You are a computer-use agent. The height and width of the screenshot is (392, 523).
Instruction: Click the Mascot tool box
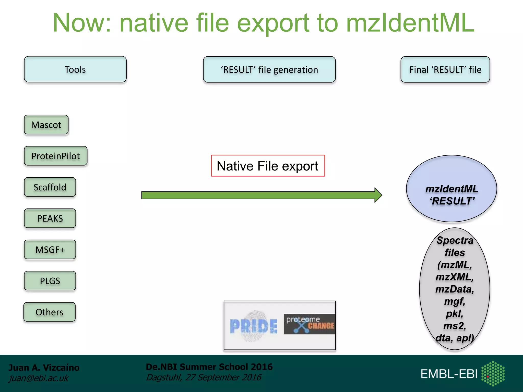pos(46,125)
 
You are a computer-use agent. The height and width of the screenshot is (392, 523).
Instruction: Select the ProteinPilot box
pos(56,156)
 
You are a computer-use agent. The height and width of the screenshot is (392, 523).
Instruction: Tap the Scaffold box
pos(50,187)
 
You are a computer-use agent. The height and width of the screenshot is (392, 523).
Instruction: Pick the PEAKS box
pos(50,218)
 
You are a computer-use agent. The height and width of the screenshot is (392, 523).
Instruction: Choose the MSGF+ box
pos(50,250)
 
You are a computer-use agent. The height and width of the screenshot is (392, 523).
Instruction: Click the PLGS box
pos(50,281)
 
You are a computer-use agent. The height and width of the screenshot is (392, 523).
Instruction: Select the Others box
pos(50,312)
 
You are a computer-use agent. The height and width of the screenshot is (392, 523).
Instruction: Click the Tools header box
pos(75,69)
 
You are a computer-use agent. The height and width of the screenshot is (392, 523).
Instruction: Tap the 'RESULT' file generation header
pos(269,69)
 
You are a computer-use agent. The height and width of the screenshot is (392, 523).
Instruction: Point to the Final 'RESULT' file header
pos(445,69)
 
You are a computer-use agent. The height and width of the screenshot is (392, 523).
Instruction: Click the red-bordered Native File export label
pos(268,166)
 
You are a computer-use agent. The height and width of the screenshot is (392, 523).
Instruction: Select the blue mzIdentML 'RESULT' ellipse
pos(451,189)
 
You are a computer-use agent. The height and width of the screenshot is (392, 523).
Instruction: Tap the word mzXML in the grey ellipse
pos(455,277)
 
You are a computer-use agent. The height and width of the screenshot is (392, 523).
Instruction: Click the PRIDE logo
pos(253,326)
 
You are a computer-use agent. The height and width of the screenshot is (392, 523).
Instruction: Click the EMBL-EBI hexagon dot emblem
pos(493,373)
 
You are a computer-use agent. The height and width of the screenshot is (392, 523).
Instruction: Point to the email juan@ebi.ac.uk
pos(39,378)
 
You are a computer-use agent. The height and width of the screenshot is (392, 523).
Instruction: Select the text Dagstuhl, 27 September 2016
pos(204,377)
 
